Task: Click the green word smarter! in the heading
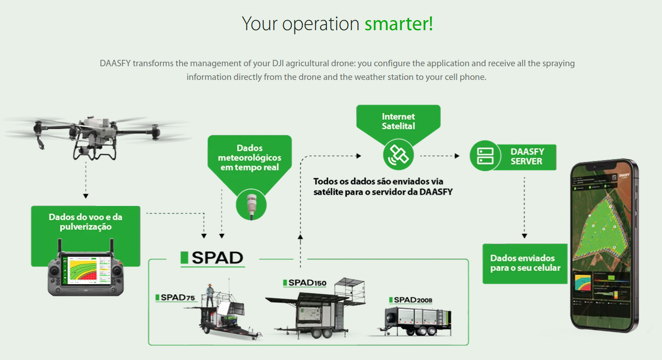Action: coord(399,24)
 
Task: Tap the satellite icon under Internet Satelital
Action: coord(398,154)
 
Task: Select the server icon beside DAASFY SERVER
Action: coord(485,156)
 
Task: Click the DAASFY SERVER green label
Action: coord(526,156)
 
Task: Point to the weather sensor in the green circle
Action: coord(251,204)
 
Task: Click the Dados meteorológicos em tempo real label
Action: coord(249,158)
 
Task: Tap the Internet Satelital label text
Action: coord(398,121)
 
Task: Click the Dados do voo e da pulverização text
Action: coord(86,222)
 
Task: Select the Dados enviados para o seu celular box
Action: coord(525,263)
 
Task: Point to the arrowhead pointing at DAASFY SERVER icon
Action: coord(457,156)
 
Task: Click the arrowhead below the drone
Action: coord(86,196)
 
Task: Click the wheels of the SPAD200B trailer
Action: coord(427,331)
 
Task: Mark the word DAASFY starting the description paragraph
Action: coord(116,63)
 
